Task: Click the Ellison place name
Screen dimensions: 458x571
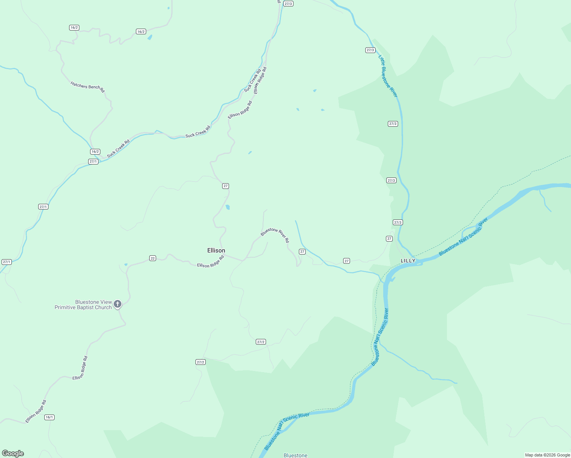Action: (x=216, y=250)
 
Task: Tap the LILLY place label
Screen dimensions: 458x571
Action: (x=408, y=261)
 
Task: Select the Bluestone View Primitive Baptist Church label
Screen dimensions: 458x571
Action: (x=83, y=305)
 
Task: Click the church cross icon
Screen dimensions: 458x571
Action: (x=118, y=304)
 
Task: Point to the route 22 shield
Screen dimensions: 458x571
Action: (x=153, y=258)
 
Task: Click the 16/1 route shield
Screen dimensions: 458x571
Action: (x=49, y=417)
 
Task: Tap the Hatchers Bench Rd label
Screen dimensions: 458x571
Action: (x=87, y=87)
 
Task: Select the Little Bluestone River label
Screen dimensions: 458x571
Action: (x=388, y=76)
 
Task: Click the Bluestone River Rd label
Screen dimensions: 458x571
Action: (x=275, y=235)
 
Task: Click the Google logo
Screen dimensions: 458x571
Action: (x=13, y=453)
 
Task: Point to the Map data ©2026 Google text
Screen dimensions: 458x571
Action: (x=547, y=455)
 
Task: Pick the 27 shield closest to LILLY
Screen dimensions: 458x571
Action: (x=389, y=239)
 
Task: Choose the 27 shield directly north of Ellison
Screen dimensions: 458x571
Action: (x=226, y=186)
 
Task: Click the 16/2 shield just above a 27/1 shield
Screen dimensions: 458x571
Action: (x=95, y=152)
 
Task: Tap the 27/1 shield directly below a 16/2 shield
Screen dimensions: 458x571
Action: (x=93, y=161)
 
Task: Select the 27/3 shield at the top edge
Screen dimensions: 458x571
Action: (x=288, y=4)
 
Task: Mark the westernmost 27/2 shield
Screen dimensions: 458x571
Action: (x=200, y=362)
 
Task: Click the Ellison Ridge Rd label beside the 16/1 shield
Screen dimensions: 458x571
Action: (x=36, y=411)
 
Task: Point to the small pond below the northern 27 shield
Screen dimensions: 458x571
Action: (x=228, y=207)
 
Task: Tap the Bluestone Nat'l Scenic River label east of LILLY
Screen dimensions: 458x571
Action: (x=463, y=237)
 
